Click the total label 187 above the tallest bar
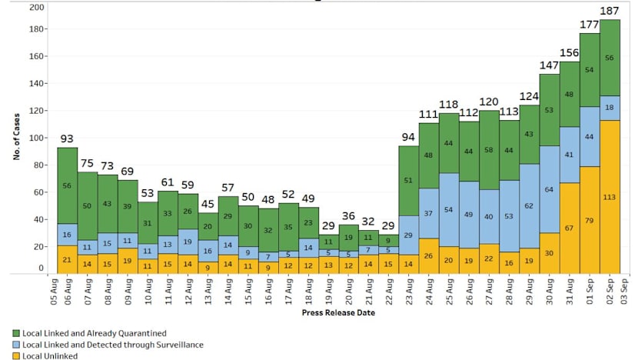[610, 11]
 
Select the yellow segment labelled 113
[610, 196]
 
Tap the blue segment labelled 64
[550, 188]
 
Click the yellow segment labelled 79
[590, 220]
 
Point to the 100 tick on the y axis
[36, 138]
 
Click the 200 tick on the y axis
[36, 7]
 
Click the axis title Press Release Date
[341, 314]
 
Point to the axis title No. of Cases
[15, 138]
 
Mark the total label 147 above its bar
[550, 66]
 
